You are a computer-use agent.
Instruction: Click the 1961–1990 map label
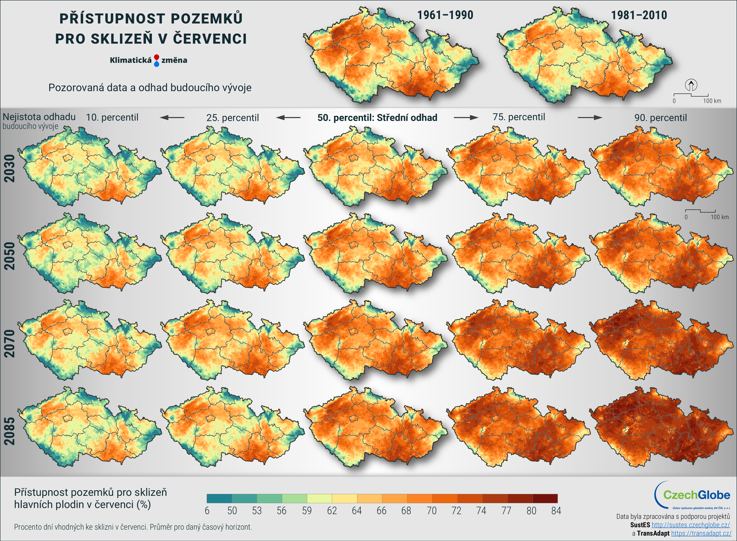445,15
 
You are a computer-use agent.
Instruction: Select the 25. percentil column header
232,118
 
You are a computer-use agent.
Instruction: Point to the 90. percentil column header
660,118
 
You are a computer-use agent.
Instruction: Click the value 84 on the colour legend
556,511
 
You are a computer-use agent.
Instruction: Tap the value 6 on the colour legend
207,511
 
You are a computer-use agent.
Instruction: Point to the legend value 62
332,511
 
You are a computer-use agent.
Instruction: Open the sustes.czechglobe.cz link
691,525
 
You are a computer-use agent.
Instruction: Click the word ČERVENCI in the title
209,39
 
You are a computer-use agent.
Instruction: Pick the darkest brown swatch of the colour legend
545,498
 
